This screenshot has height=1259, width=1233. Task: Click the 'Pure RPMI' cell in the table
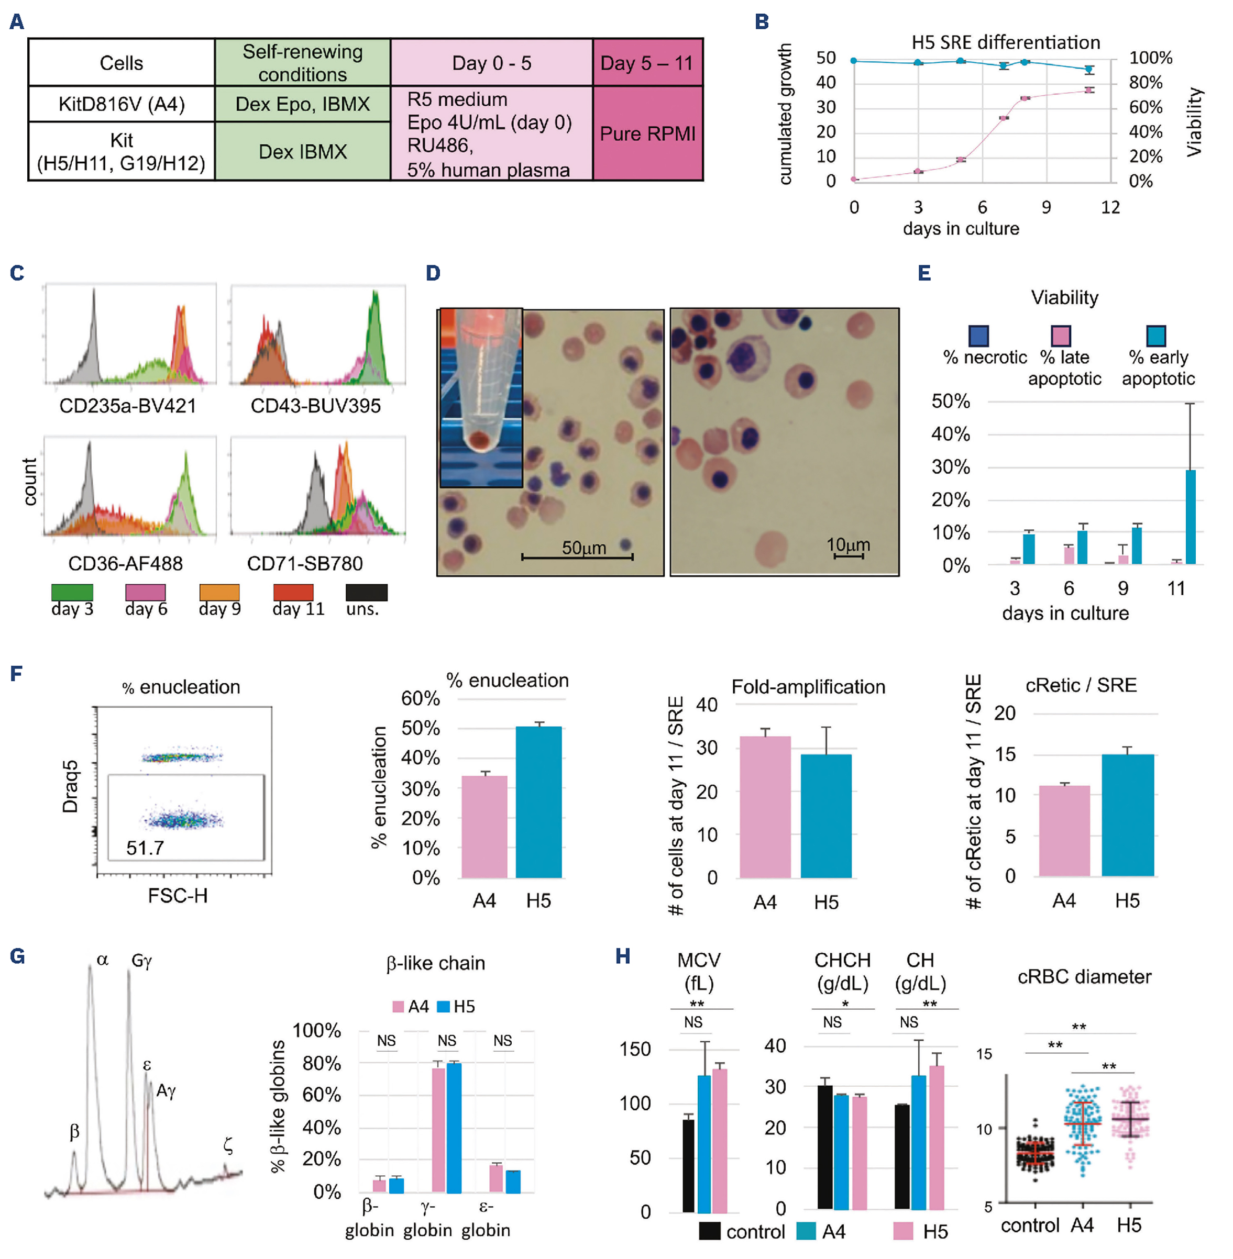point(647,133)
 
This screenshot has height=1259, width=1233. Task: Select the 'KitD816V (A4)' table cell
point(121,104)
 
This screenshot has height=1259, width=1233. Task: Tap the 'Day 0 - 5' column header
point(491,63)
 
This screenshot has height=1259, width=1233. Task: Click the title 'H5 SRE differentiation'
point(1005,43)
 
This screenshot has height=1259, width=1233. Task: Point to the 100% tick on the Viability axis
point(1150,58)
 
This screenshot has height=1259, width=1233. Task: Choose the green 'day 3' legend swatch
point(72,592)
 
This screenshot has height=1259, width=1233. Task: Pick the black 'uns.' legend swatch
point(367,592)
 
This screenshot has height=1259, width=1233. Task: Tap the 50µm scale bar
point(577,555)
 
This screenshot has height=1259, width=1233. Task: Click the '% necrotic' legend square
point(978,336)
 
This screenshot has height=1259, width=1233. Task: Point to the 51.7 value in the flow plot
point(145,848)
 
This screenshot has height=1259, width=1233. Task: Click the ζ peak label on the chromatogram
point(228,1145)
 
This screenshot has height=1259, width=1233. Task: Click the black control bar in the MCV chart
point(688,1165)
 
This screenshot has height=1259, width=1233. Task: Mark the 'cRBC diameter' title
point(1084,977)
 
